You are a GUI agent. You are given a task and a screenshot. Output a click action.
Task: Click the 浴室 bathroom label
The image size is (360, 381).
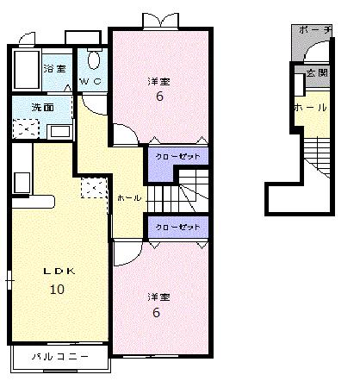54,68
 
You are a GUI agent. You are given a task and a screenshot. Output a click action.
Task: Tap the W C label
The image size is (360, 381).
90,82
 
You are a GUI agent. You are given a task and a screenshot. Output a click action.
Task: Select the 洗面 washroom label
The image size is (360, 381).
42,108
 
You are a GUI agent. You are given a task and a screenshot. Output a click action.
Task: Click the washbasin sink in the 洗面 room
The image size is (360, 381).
60,132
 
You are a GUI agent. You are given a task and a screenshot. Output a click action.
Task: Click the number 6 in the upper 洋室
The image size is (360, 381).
158,97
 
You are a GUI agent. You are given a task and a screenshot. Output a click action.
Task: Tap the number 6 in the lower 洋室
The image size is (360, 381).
157,312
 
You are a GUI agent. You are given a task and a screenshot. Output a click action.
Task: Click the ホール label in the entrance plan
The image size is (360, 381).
310,108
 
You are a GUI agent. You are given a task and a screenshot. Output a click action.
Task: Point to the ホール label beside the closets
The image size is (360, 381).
128,197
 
